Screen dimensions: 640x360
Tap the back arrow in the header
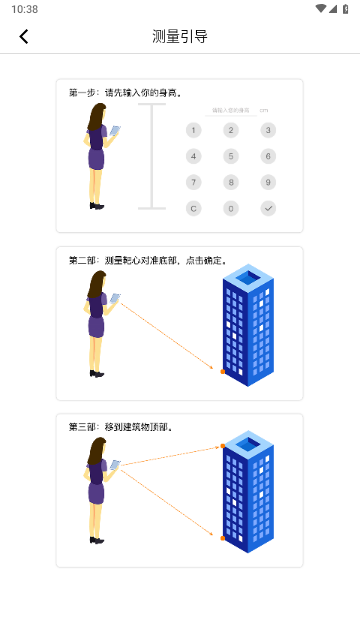tap(24, 37)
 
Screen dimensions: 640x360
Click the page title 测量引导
tap(180, 37)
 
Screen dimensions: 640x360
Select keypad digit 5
tap(231, 156)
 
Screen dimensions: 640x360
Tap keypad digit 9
tap(268, 182)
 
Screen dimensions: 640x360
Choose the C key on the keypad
tap(194, 208)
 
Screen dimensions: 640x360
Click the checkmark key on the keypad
tap(268, 208)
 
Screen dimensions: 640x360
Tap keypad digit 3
tap(268, 130)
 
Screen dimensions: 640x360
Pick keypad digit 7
tap(194, 182)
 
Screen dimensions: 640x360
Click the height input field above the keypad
tap(230, 110)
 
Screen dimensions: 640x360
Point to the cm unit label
tap(264, 110)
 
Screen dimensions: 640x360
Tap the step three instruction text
tap(121, 427)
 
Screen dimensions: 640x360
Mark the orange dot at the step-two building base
tap(222, 371)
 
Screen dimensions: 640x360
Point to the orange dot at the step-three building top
tap(222, 446)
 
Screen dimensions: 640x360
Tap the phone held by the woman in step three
tap(115, 464)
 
